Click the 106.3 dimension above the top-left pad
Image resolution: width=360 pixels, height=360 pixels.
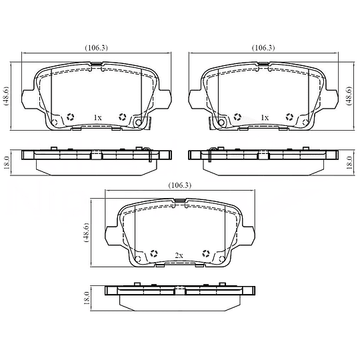(97, 48)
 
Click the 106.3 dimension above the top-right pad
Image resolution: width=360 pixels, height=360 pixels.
(263, 48)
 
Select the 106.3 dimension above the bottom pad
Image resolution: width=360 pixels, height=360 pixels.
(180, 185)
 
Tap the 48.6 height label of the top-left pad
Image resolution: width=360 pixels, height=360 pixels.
(6, 96)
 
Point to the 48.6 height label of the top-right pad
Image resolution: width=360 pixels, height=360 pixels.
(349, 96)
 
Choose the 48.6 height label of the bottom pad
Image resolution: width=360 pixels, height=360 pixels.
(86, 233)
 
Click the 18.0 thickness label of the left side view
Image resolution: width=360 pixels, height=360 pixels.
(6, 163)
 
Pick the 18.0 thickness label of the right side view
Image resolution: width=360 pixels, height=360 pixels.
(349, 163)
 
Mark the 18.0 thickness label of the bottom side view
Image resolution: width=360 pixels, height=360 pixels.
(86, 299)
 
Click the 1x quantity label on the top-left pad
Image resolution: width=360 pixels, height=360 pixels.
(97, 118)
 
